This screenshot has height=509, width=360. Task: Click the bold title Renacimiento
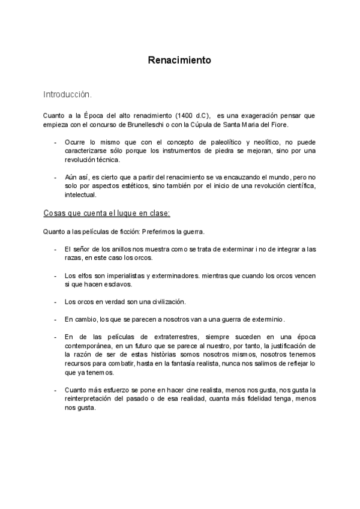coord(179,60)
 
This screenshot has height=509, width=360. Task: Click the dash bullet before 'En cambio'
coord(56,319)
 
